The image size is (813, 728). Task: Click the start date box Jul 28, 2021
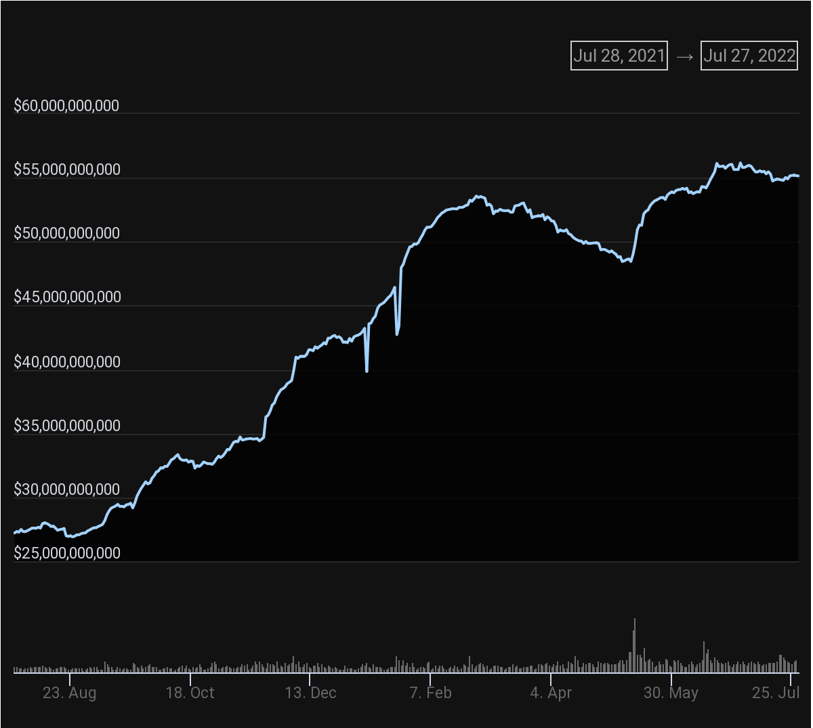[619, 56]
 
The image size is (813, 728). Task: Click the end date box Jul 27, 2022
[749, 56]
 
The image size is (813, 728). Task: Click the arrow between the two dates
[684, 56]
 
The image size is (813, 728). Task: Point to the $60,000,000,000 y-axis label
[66, 106]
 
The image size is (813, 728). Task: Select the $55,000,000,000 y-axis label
[67, 169]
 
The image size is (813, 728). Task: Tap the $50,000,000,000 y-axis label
[67, 233]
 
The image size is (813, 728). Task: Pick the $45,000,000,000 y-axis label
[67, 297]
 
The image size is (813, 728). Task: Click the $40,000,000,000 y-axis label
[67, 362]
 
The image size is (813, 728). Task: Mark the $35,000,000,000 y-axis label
[67, 426]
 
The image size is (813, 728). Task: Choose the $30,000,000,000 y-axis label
[67, 489]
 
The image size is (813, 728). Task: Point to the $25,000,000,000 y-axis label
[67, 553]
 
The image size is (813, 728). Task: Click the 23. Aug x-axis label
[69, 693]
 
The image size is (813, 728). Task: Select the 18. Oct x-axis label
[190, 693]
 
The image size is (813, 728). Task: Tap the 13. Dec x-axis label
[310, 693]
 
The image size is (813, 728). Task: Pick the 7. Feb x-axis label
[430, 693]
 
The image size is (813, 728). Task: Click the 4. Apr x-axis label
[551, 693]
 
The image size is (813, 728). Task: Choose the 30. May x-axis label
[671, 693]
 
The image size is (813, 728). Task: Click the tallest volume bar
[634, 644]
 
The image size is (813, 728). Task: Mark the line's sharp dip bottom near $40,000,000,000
[367, 371]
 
